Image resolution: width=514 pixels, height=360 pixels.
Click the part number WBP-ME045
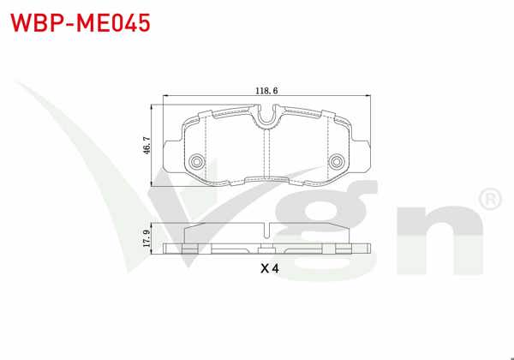pyautogui.click(x=81, y=23)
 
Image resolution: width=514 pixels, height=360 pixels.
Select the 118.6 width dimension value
pyautogui.click(x=266, y=91)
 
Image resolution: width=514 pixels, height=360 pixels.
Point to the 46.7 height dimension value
pyautogui.click(x=146, y=146)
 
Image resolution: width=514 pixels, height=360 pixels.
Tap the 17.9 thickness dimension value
pyautogui.click(x=146, y=238)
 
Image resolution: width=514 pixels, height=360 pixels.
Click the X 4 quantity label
pyautogui.click(x=270, y=268)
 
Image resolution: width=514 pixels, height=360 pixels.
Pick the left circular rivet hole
pyautogui.click(x=197, y=161)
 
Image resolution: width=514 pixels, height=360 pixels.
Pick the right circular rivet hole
pyautogui.click(x=336, y=161)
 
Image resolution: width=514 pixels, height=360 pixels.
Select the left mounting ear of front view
pyautogui.click(x=174, y=158)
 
